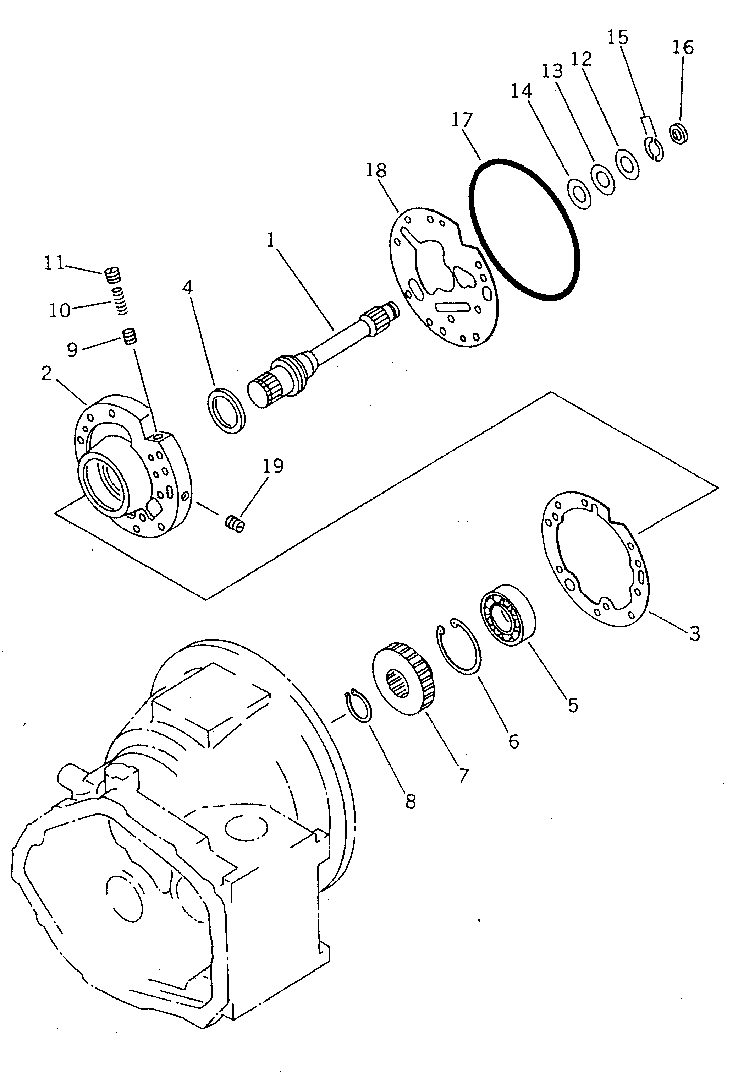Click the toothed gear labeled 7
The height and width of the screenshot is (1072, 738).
(403, 678)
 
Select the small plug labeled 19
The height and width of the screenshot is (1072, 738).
(235, 524)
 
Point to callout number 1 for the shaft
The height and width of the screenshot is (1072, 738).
(271, 240)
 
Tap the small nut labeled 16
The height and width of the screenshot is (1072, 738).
(679, 135)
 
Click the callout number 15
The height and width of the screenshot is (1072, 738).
(618, 37)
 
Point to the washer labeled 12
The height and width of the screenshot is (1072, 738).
(627, 163)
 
